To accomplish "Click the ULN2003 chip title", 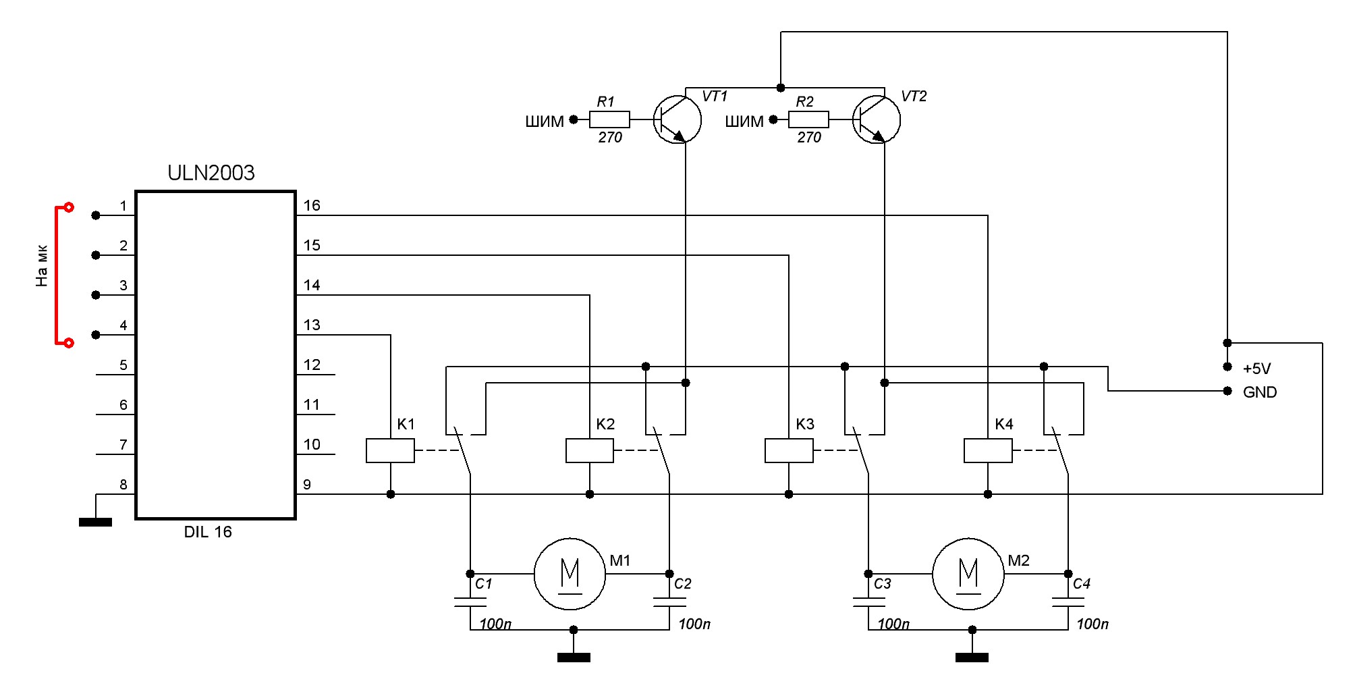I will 211,173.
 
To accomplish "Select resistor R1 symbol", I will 609,119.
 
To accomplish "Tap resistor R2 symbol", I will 808,119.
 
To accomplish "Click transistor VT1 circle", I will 677,120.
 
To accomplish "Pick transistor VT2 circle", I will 877,120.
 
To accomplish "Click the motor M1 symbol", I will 570,574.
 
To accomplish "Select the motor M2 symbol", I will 968,574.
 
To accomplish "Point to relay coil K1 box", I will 390,450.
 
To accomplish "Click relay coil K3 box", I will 789,450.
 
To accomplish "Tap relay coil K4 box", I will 988,450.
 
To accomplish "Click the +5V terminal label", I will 1256,369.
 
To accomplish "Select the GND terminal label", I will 1259,392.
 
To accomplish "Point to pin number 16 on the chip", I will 312,205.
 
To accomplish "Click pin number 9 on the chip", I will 307,484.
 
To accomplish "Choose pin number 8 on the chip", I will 123,484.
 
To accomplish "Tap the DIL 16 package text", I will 208,532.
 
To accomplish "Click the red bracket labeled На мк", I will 57,275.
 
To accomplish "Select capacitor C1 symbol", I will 470,602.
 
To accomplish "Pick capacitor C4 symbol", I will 1068,602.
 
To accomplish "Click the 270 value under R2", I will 808,138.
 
